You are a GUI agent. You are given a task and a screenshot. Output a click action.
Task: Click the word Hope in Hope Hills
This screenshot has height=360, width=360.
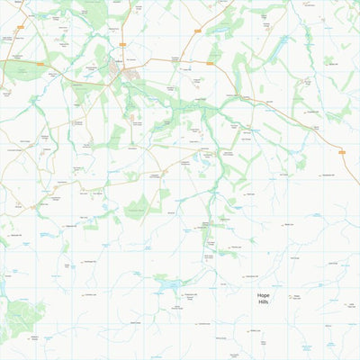point(264,295)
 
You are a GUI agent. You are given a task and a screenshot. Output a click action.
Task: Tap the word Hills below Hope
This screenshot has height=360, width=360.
point(264,302)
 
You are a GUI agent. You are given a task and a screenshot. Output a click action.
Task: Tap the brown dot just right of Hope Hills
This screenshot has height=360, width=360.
point(290,296)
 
